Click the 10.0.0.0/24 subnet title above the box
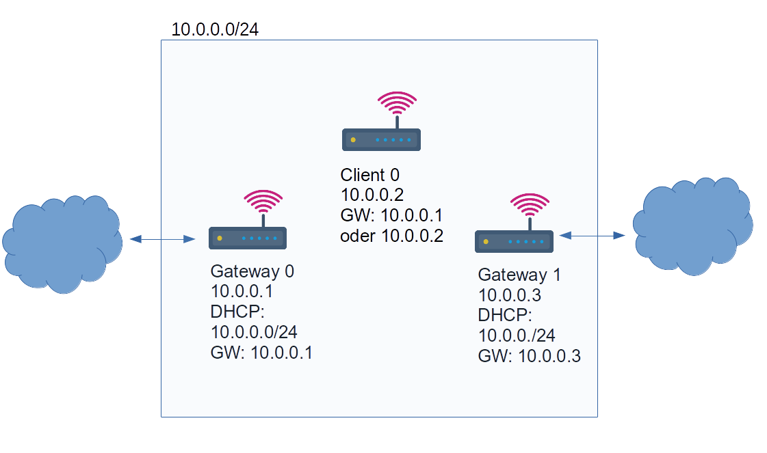214,29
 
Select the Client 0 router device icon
381,139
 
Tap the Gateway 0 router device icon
248,238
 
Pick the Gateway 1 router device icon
515,241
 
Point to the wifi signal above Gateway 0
263,203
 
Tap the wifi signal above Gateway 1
530,206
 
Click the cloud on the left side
62,244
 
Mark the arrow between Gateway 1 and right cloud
593,235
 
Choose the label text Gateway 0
252,271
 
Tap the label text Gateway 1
519,275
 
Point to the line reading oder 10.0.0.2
392,236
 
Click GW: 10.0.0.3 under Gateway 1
529,356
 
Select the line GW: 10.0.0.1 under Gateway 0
262,353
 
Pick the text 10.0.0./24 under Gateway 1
516,335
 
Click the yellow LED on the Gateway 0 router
220,238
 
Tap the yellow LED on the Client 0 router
353,140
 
